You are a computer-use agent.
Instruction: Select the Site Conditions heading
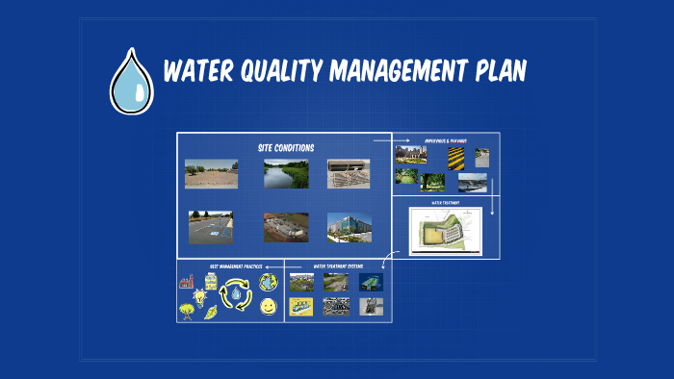coord(286,147)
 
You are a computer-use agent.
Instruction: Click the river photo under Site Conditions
coord(286,173)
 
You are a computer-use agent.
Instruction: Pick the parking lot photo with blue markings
coord(210,227)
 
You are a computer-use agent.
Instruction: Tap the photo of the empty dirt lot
coord(211,173)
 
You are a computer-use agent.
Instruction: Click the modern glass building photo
coord(348,227)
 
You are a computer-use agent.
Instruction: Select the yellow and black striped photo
coord(455,156)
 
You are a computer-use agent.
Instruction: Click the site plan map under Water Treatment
coord(444,231)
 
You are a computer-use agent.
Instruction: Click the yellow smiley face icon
coord(269,306)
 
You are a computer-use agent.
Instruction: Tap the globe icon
coord(269,282)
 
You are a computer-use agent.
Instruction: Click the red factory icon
coord(187,283)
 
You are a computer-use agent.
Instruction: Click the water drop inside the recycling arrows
coord(236,294)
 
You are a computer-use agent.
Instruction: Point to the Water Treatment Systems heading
coord(335,266)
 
